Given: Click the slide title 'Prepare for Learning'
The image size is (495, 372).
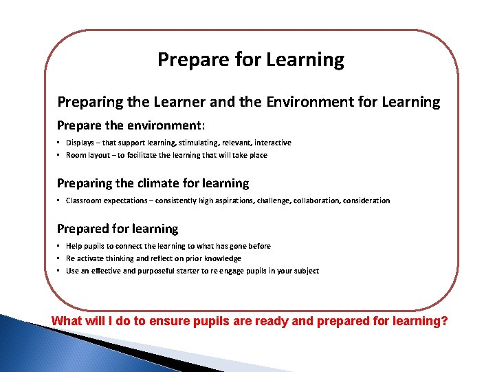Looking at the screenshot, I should point(250,60).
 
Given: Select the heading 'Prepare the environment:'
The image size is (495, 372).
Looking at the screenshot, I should point(131,126).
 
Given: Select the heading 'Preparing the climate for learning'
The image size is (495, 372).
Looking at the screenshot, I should point(153,183).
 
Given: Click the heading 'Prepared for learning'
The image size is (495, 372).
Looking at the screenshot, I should point(117,229).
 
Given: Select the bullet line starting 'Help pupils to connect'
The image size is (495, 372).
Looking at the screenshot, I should point(168,246).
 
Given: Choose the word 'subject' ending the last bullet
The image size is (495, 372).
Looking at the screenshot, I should point(306,271).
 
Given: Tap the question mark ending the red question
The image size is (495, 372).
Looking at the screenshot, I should point(443,321).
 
